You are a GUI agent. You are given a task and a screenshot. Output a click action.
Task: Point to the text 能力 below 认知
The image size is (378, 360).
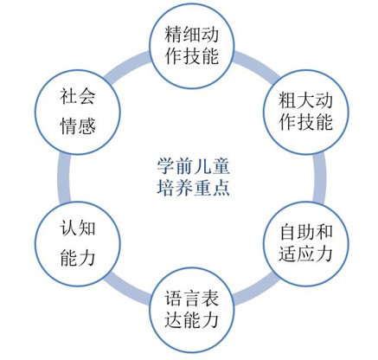pos(74,257)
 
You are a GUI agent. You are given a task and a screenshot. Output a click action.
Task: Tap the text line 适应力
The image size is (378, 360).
pos(302,254)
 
